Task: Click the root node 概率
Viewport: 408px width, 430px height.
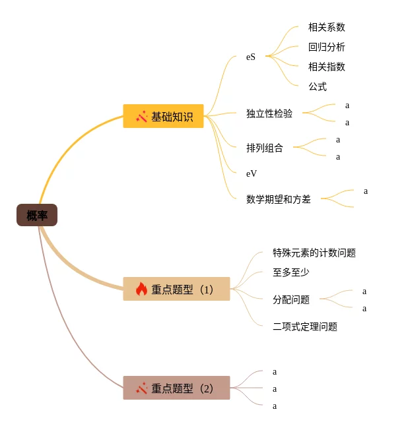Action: click(x=37, y=215)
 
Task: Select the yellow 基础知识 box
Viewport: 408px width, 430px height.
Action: click(x=163, y=116)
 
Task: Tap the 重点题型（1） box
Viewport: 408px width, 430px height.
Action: click(x=176, y=289)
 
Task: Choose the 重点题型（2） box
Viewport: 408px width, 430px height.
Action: click(x=176, y=388)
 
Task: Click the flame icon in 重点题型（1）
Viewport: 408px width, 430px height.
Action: click(x=141, y=289)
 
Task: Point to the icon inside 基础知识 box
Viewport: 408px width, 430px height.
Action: click(x=141, y=116)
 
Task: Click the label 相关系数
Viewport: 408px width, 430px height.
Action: click(x=326, y=27)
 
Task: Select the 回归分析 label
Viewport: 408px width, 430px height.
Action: click(x=326, y=47)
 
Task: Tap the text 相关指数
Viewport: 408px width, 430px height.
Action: click(x=326, y=67)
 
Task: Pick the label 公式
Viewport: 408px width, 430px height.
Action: click(x=317, y=86)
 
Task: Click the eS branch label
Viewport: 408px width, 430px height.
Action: click(x=251, y=57)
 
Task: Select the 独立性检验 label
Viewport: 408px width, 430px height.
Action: click(x=269, y=113)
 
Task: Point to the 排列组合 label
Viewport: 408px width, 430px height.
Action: click(x=264, y=148)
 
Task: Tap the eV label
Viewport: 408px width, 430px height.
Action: click(x=252, y=173)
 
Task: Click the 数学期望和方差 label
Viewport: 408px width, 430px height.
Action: click(x=278, y=199)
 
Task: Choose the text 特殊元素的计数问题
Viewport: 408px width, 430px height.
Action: click(x=314, y=253)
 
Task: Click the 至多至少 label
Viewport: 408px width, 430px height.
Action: click(x=290, y=271)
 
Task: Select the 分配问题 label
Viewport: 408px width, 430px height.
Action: click(x=290, y=299)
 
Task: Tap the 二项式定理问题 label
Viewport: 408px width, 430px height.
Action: click(x=304, y=326)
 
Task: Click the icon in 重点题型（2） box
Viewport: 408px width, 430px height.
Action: click(x=141, y=388)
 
